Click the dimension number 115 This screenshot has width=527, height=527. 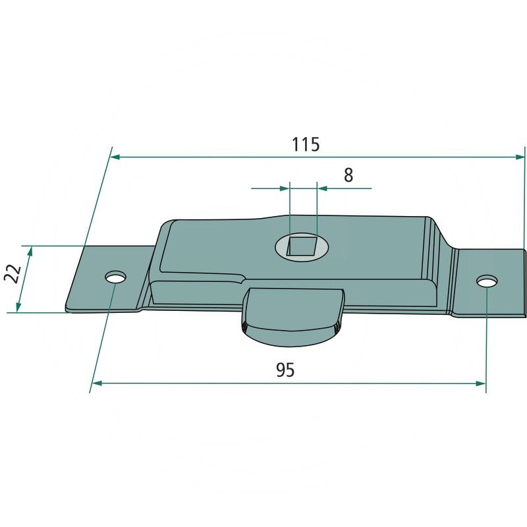tap(306, 144)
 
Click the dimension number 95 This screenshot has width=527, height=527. tap(285, 370)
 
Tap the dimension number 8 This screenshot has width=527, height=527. tap(348, 175)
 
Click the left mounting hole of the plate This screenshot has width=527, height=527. tap(115, 277)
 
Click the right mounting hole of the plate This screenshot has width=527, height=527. tap(487, 281)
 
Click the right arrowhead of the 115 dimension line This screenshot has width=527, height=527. tap(520, 157)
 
